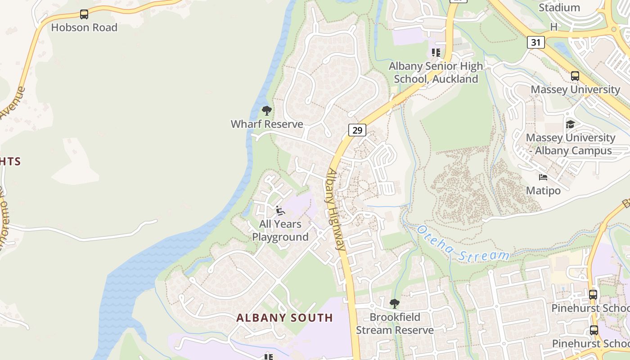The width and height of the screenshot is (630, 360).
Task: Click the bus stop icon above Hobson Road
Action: click(84, 14)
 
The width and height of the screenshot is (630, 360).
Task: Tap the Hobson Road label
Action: click(84, 27)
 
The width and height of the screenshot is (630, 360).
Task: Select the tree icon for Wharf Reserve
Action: click(267, 111)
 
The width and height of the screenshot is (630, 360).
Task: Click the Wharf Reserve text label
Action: click(267, 124)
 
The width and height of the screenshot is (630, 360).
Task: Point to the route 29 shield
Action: click(357, 130)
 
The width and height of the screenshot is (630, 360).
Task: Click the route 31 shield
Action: click(536, 42)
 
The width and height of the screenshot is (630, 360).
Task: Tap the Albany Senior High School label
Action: click(436, 72)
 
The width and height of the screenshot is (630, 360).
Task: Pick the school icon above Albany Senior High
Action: click(436, 53)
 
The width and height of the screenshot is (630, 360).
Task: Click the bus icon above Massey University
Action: click(575, 76)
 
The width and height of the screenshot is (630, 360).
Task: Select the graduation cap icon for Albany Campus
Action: click(570, 124)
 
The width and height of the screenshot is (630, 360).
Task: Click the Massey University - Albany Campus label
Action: click(571, 144)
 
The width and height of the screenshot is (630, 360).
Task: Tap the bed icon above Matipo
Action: click(543, 177)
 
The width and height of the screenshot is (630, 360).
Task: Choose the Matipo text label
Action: click(543, 191)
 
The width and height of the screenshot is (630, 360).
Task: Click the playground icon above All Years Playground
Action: click(280, 210)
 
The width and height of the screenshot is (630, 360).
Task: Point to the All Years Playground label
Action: click(280, 230)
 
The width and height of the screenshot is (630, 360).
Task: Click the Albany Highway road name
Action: click(335, 209)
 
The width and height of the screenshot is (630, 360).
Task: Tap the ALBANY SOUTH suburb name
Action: click(284, 318)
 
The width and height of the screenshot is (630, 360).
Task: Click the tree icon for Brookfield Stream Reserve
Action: click(395, 303)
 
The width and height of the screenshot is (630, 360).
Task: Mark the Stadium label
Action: click(559, 8)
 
